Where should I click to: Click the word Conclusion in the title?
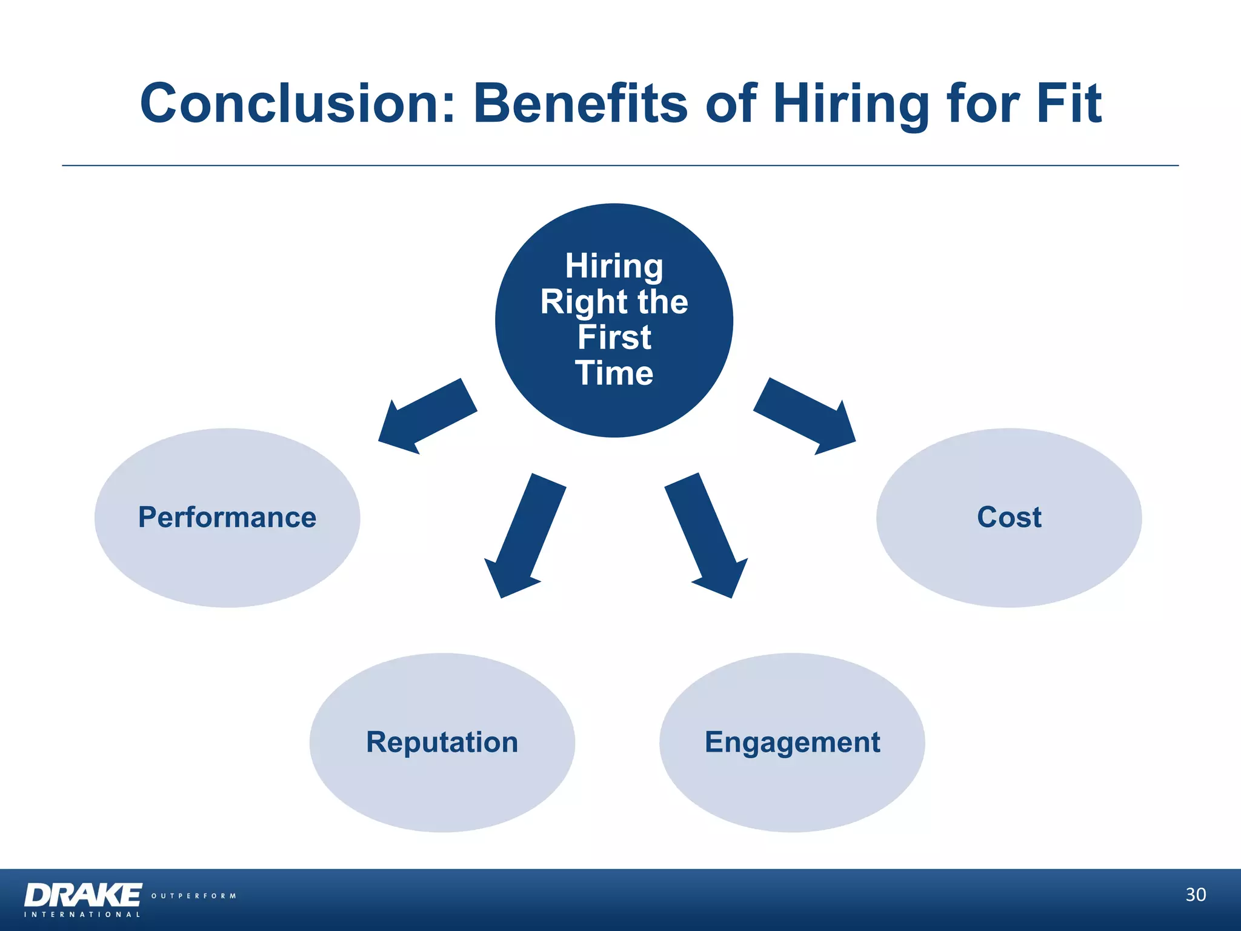pos(297,104)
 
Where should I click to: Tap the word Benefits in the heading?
pos(580,104)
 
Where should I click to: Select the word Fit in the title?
pos(1068,104)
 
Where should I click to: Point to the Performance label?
pos(227,518)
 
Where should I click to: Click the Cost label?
pos(1009,518)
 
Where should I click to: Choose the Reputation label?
pos(442,742)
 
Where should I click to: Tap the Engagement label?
pos(792,742)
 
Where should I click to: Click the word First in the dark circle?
pos(614,337)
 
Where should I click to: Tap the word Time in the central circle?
pos(614,373)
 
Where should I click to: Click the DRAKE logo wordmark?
pos(83,895)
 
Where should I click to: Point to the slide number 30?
pos(1196,895)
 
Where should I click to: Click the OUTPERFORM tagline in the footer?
pos(193,896)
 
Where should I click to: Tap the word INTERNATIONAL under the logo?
pos(82,915)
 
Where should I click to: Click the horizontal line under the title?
pos(620,165)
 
